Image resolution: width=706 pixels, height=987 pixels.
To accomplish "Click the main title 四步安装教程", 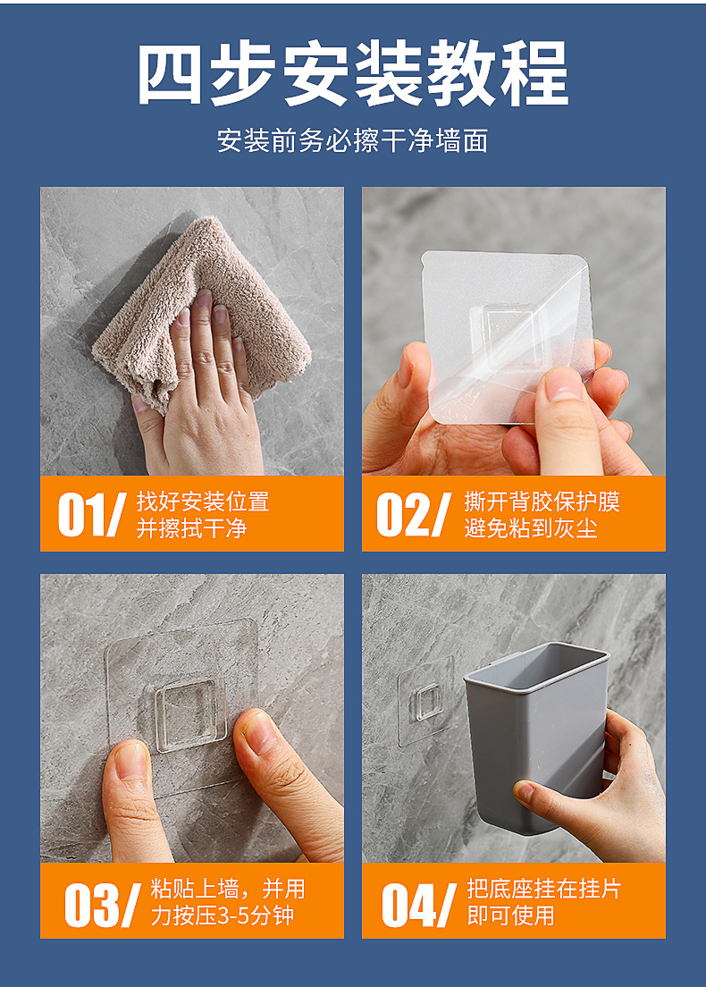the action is [353, 73].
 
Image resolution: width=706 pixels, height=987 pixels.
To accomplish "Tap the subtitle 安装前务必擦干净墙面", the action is [352, 140].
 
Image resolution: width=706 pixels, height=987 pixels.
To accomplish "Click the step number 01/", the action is [92, 514].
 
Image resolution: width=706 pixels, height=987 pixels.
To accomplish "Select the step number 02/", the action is [414, 514].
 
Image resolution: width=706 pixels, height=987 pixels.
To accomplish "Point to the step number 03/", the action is [102, 905].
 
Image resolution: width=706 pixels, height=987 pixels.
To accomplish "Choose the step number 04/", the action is [419, 905].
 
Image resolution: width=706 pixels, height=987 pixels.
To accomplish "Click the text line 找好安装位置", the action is [203, 502].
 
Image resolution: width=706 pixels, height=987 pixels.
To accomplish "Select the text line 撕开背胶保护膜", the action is [542, 502].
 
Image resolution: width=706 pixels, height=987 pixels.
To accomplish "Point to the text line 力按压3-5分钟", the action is [223, 915].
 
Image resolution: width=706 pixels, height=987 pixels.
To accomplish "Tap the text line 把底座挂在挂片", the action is [543, 889].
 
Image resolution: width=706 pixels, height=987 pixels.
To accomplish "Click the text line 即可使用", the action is [510, 915].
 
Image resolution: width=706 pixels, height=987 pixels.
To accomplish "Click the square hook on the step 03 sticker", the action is [190, 717].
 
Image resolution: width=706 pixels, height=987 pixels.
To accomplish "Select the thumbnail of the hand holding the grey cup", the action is [526, 791].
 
